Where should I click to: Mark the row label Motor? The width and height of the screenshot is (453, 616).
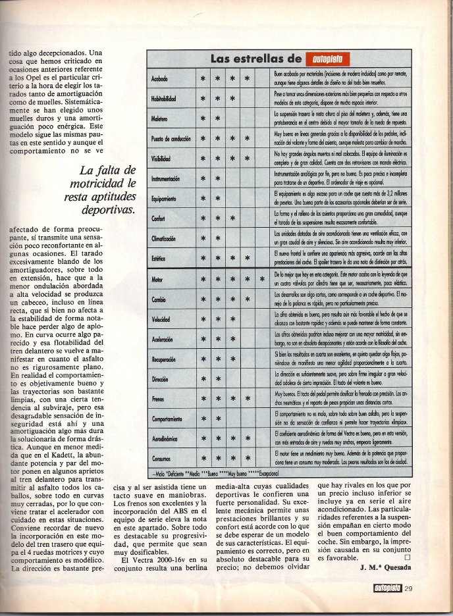[158, 280]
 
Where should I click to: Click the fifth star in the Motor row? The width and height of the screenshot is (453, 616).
[262, 280]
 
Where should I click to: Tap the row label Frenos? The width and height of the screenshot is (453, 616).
[159, 399]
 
